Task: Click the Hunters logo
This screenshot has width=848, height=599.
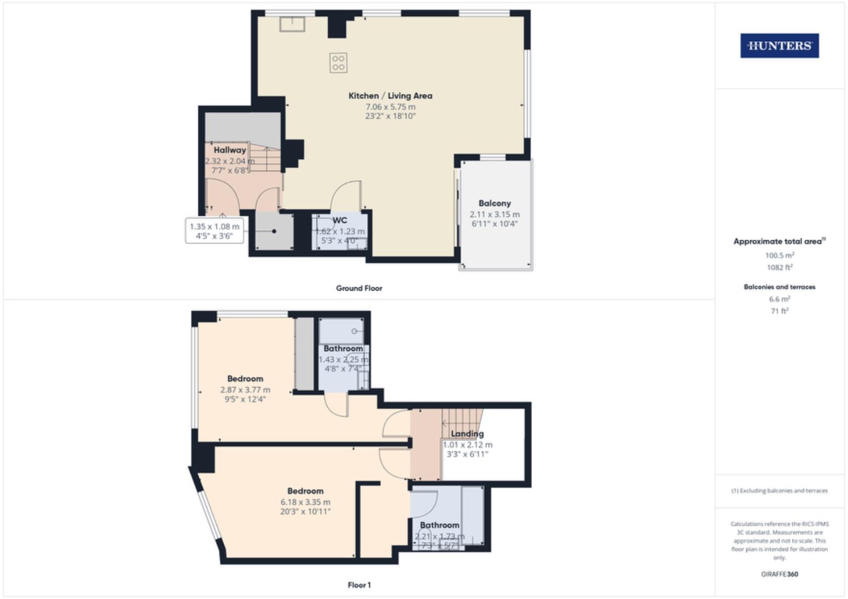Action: coord(779,46)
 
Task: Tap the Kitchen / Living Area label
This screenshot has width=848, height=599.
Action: coord(390,96)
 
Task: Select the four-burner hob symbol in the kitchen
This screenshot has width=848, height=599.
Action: coord(338,63)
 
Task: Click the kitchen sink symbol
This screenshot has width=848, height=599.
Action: coord(292,24)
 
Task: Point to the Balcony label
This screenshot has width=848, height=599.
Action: coord(494,204)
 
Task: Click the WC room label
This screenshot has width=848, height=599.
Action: coord(339,220)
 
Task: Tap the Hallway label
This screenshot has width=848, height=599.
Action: coord(229,150)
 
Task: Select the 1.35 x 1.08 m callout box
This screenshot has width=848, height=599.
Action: coord(214,231)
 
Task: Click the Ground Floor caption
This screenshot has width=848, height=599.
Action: coord(359,288)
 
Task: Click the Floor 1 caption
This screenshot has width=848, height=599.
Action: coord(359,585)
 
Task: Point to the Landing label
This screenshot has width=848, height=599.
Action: coord(467,434)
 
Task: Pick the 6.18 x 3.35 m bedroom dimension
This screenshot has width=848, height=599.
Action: coord(305,502)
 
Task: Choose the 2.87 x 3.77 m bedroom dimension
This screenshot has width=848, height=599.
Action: coord(245,390)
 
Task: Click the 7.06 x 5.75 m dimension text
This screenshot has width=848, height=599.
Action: coord(390,106)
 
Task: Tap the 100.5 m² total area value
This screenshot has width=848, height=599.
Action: coord(779,256)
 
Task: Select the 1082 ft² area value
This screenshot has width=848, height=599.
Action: coord(779,267)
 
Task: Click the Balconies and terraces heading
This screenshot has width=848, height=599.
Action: coord(779,287)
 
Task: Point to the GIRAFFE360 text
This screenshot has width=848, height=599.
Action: coord(779,574)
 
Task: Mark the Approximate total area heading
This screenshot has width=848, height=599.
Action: coord(778,241)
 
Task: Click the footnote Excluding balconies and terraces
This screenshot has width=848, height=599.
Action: coord(779,491)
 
